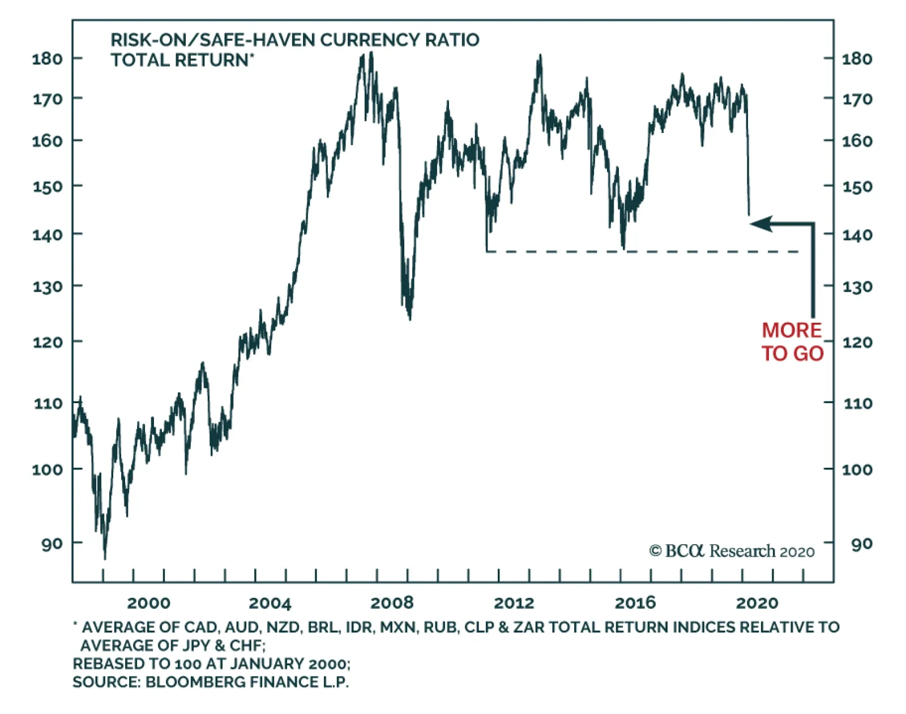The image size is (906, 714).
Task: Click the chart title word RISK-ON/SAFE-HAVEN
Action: tap(213, 40)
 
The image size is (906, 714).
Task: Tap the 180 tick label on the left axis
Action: tap(47, 58)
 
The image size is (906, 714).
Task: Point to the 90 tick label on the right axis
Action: tap(861, 544)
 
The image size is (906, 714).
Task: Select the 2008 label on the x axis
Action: tap(392, 603)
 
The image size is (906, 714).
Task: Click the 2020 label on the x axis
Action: tap(757, 603)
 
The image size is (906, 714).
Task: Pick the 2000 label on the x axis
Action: tap(148, 603)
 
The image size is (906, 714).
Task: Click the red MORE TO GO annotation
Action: tap(792, 342)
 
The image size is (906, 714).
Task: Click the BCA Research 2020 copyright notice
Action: tap(732, 551)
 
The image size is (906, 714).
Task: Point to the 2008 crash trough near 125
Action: tap(409, 318)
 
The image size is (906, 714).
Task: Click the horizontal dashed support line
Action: tap(640, 251)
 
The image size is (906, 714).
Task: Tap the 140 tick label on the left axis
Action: tap(47, 234)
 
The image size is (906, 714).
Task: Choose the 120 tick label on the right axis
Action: tap(857, 342)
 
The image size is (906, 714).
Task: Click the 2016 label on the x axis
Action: tap(635, 603)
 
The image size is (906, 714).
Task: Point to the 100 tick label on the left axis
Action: tap(47, 469)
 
